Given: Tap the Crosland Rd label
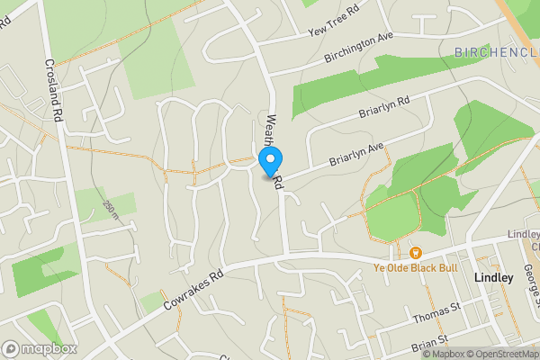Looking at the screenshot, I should point(54,91).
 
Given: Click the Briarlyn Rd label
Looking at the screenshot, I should point(384,111).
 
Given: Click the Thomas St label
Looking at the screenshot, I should point(436,314).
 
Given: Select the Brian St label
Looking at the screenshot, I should point(430,343).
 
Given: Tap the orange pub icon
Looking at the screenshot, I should point(416,251).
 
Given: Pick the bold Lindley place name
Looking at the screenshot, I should point(494,278).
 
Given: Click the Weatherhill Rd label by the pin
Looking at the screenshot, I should point(273,144).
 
